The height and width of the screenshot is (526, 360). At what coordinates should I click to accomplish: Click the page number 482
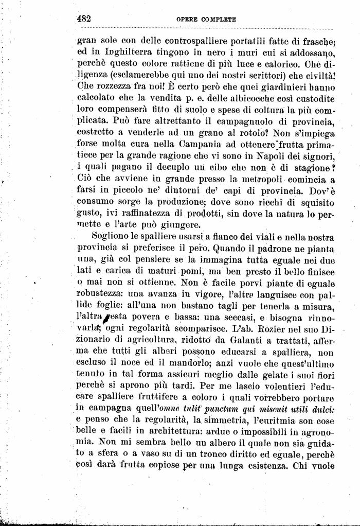pyautogui.click(x=84, y=18)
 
